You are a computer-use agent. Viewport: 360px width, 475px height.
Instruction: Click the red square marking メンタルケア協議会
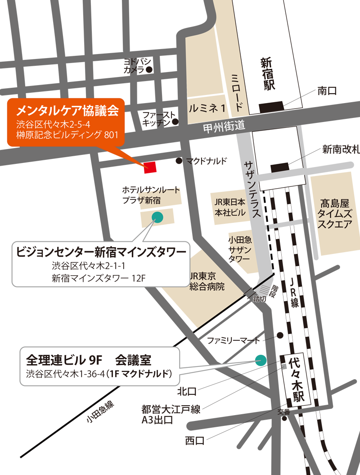[150, 167]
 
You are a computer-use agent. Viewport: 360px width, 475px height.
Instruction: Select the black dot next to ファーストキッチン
[175, 122]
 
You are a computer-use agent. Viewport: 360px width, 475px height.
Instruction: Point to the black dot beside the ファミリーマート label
[280, 335]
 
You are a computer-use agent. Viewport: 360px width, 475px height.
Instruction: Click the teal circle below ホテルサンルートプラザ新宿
[157, 217]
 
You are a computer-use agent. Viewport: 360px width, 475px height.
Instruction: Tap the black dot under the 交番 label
[284, 418]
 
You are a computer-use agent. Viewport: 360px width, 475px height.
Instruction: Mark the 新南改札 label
[341, 149]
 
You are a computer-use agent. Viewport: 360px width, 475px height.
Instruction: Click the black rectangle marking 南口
[271, 107]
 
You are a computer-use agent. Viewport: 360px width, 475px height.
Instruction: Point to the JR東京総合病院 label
[207, 281]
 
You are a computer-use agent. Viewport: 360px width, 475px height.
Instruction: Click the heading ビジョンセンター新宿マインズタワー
[101, 251]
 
